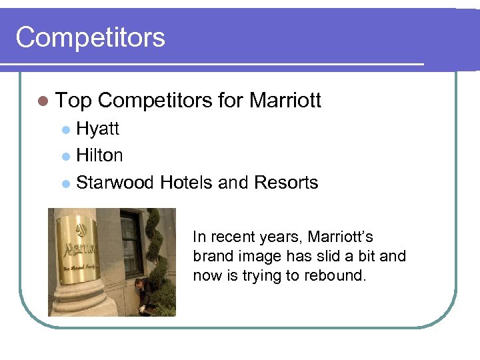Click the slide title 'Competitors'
tap(90, 37)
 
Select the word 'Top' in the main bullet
tap(73, 101)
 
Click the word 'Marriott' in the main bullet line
tap(285, 101)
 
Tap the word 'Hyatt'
tap(97, 128)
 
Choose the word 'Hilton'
tap(99, 155)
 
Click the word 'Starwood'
tap(116, 183)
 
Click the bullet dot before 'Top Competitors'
tap(43, 101)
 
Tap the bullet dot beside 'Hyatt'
tap(65, 129)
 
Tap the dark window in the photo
tap(131, 243)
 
